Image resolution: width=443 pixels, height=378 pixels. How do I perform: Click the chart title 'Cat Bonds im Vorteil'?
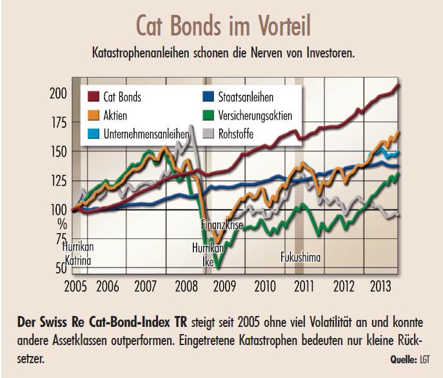point(222,25)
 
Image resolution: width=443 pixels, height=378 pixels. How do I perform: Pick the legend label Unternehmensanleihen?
point(145,134)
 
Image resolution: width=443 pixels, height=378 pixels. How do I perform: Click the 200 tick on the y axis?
point(58,93)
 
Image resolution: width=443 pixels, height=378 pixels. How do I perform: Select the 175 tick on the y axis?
point(58,123)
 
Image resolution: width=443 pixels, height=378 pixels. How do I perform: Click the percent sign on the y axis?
point(62,224)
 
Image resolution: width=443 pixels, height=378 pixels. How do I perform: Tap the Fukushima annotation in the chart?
point(300,257)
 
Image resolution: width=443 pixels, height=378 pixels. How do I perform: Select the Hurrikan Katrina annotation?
point(77,254)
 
